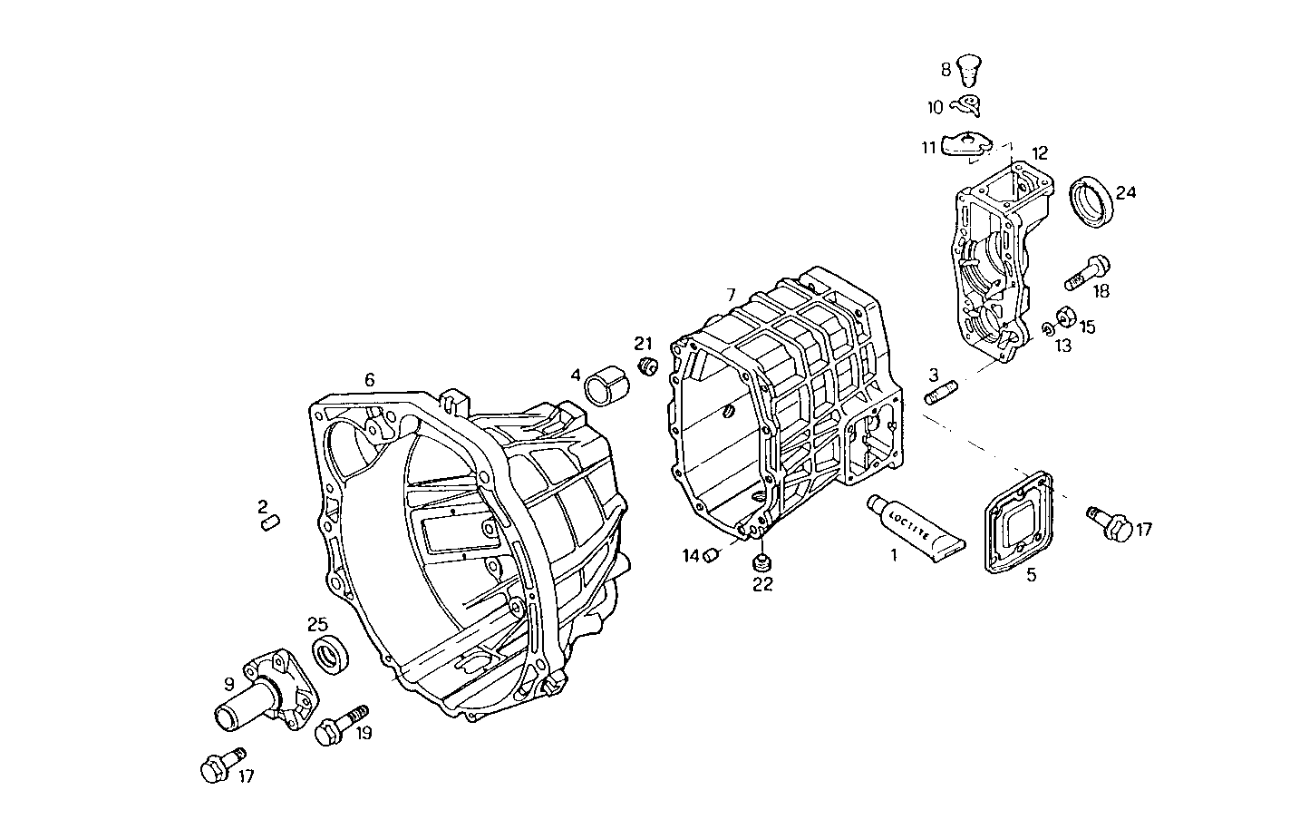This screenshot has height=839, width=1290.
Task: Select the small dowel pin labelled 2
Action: pos(269,521)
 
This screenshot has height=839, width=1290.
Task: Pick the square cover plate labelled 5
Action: pos(1017,522)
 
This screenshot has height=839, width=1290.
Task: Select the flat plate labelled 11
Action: pos(966,146)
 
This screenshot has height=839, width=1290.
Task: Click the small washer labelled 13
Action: pos(1046,328)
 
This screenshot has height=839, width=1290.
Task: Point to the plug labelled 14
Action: pos(712,554)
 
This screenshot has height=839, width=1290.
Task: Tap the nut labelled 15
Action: pos(1067,317)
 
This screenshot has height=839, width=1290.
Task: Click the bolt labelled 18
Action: pos(1086,270)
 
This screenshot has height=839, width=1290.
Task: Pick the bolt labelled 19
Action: pos(339,726)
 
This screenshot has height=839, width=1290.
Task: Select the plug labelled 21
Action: pos(647,366)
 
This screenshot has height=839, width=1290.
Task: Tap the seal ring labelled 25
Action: pos(328,653)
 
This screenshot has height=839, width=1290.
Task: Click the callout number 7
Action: pos(731,295)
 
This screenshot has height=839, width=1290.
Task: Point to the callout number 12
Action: pos(1039,151)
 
